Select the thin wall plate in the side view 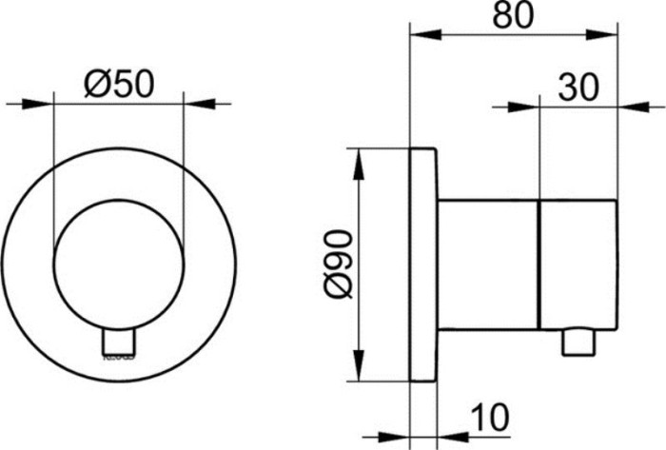(423, 264)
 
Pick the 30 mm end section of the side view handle (576, 264)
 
